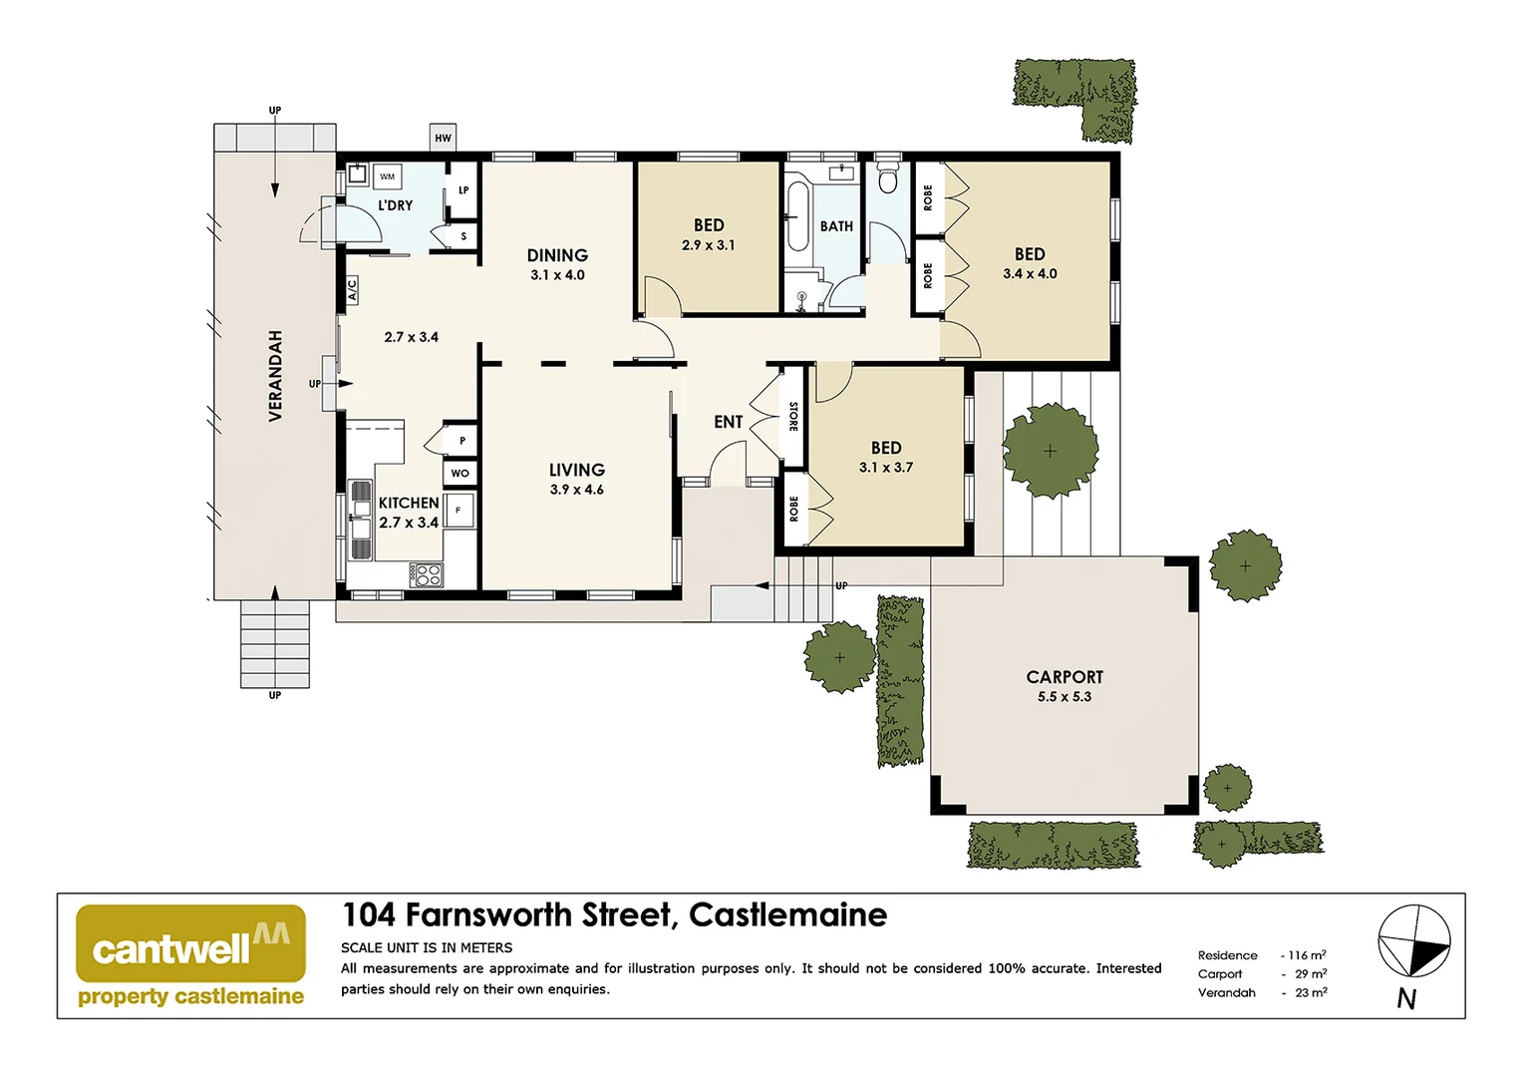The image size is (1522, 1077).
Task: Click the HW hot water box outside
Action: click(x=443, y=138)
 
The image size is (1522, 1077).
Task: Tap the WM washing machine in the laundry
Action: click(x=388, y=177)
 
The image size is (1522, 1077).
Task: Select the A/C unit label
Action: click(x=352, y=290)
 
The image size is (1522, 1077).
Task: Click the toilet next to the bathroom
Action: click(x=887, y=179)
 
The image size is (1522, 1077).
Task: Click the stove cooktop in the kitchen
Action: click(x=428, y=574)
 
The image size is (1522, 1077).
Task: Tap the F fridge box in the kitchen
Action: click(x=458, y=510)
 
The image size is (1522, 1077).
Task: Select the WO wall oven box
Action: click(x=459, y=473)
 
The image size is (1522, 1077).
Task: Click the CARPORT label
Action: click(x=1065, y=676)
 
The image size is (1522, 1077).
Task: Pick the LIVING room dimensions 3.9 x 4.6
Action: click(x=577, y=490)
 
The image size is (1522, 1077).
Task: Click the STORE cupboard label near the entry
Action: click(x=793, y=416)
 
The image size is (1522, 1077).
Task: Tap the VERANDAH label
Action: click(x=275, y=375)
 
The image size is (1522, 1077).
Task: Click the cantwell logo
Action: click(x=190, y=943)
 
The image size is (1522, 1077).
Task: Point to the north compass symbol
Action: click(x=1413, y=941)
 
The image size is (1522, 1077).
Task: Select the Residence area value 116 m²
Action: click(x=1307, y=955)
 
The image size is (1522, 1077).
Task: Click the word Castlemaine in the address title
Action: click(x=787, y=914)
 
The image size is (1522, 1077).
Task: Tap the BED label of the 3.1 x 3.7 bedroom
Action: click(x=885, y=448)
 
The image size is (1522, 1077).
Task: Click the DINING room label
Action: click(x=557, y=255)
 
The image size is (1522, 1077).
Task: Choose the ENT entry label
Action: click(x=728, y=422)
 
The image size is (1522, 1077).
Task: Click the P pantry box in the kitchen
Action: click(x=461, y=440)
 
